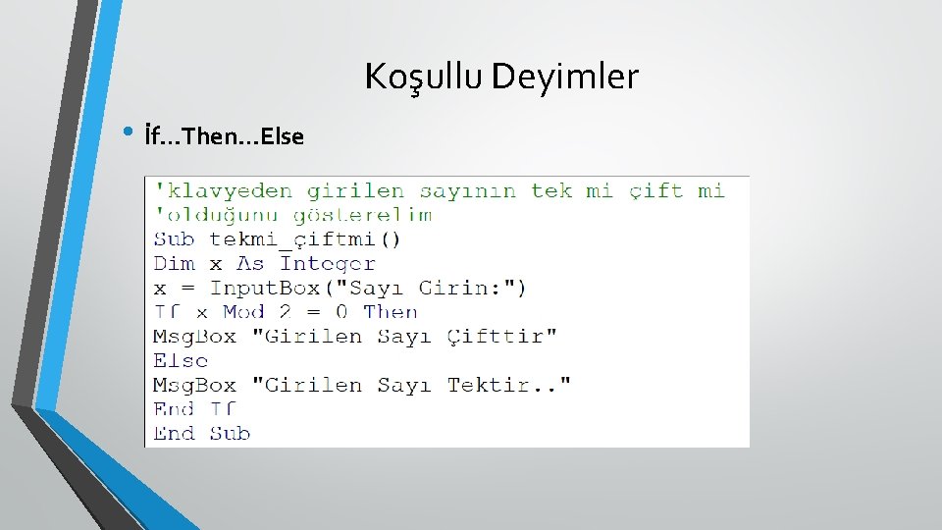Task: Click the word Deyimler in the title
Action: coord(565,77)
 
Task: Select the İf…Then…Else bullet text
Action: coord(224,135)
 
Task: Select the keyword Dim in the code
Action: coord(175,263)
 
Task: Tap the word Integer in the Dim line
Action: coord(327,263)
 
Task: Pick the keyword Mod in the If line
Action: coord(243,312)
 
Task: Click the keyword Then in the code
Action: coord(391,312)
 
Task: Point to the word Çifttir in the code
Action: coord(502,337)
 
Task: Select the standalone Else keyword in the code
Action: coord(181,360)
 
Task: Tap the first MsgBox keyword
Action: coord(194,337)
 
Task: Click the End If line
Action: coord(195,409)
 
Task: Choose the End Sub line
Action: coord(202,433)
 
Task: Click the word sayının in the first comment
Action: coord(467,190)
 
